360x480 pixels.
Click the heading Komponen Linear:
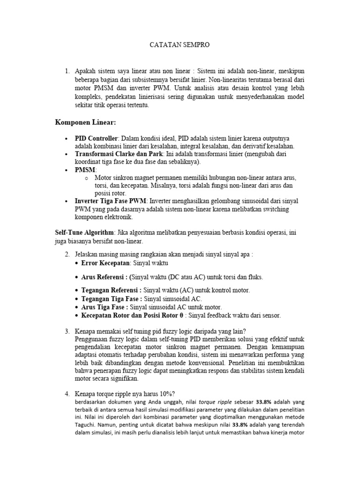(85, 123)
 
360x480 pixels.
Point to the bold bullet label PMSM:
(86, 170)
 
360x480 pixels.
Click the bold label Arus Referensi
(104, 277)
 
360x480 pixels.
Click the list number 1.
(67, 71)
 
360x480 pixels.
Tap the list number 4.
(67, 393)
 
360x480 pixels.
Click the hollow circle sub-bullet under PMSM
(87, 178)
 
